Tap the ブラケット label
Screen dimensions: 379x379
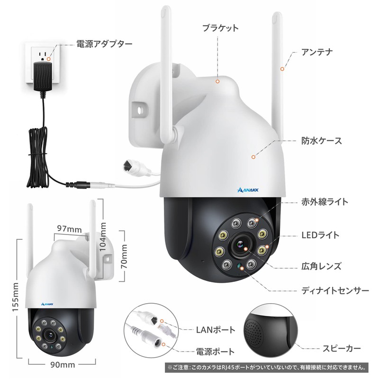pos(218,28)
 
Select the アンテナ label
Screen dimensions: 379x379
pos(318,52)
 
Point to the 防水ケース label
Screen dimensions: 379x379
pos(322,141)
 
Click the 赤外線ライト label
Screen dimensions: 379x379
pos(325,202)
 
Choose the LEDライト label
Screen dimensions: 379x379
pos(320,235)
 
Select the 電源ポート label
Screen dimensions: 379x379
pos(215,352)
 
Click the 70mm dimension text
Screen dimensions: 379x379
pos(125,256)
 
